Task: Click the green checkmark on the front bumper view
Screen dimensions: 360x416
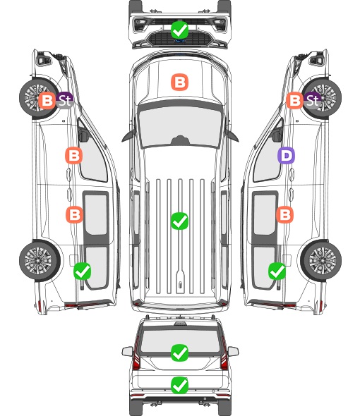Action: coord(179,30)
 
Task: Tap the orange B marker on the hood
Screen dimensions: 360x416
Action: coord(179,82)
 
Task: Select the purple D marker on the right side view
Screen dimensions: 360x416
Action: coord(286,155)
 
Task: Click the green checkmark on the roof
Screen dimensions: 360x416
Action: coord(179,221)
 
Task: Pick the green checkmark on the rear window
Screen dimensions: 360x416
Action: coord(179,353)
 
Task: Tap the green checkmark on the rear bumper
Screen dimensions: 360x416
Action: coord(179,385)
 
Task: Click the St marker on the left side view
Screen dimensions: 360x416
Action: coord(65,101)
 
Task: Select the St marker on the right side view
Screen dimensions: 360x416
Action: coord(313,101)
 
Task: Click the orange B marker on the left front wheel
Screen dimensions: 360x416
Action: coord(47,101)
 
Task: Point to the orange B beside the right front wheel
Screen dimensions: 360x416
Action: coord(294,101)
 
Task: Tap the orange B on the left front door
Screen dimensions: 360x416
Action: coord(73,155)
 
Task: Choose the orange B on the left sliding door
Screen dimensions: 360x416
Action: coord(74,214)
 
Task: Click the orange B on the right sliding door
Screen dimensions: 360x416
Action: coord(284,214)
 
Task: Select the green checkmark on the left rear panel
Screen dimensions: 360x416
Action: coord(83,271)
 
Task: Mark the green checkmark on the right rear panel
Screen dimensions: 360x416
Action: coord(277,271)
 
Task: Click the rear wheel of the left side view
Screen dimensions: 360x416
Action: coord(40,260)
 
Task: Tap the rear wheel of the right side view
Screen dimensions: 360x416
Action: coord(321,260)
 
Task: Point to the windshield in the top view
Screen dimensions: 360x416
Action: coord(180,126)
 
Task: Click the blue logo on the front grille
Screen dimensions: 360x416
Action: coord(179,41)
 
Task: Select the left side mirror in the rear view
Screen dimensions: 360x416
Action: coord(127,351)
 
